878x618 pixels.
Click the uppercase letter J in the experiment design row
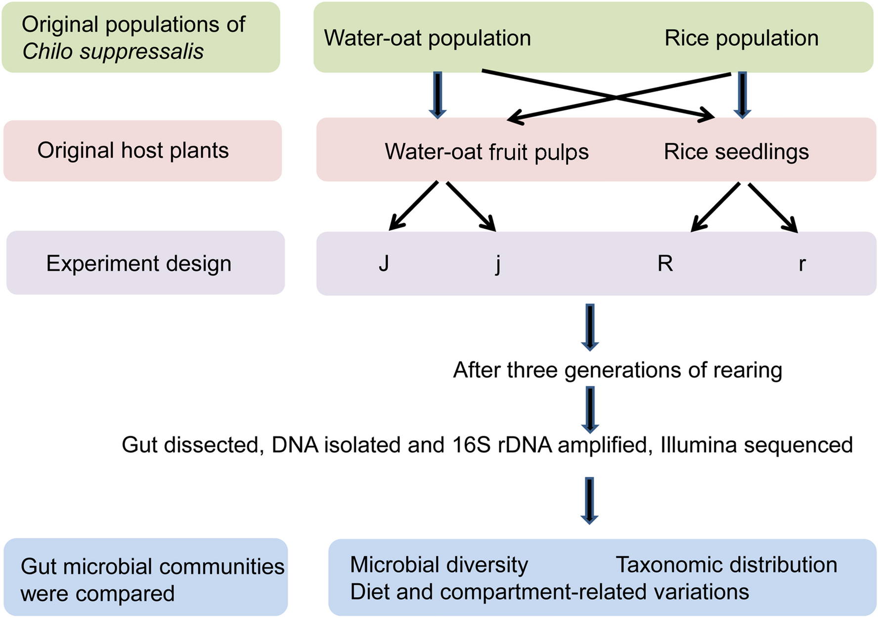(384, 263)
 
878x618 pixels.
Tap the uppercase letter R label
(665, 263)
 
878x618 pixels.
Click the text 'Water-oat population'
(427, 38)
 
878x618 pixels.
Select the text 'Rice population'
(741, 38)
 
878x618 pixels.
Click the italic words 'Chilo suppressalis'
(113, 51)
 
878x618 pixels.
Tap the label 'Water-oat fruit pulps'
(486, 152)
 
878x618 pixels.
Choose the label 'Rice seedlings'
(736, 152)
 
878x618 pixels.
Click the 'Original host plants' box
(142, 151)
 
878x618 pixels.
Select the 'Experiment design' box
(145, 263)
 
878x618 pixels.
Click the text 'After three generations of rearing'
(617, 370)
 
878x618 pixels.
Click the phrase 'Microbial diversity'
(439, 565)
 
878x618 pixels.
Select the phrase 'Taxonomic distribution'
(726, 565)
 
